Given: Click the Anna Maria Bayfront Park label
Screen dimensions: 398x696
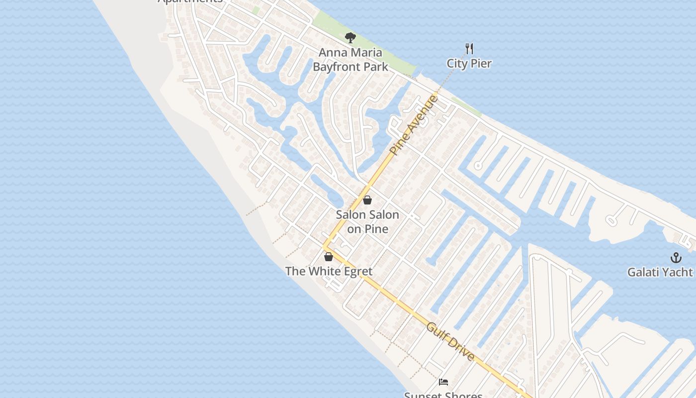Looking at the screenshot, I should point(350,59).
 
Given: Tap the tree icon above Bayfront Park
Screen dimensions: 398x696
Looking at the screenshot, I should point(350,37).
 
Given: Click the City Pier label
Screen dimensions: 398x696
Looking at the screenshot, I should point(469,64).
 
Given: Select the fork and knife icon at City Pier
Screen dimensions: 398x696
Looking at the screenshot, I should point(469,48).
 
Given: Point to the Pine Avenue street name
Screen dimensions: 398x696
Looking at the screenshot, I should point(414,125).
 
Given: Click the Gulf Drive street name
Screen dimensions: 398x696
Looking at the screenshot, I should point(450,341).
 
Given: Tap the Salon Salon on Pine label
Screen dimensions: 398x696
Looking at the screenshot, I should point(367,221).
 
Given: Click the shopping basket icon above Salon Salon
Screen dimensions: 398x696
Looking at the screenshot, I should point(367,200).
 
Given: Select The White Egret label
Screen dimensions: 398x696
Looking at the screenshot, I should point(329,271).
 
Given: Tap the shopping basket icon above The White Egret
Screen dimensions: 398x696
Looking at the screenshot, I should point(328,257).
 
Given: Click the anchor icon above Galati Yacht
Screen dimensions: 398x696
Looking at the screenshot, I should point(675,258).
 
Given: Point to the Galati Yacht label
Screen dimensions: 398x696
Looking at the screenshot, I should point(660,272).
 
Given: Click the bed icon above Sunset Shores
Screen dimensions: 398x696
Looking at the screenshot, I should point(443,382).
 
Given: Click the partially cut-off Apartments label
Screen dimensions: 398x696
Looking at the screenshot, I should point(190,1).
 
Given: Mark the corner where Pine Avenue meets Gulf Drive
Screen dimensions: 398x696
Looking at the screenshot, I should point(324,246).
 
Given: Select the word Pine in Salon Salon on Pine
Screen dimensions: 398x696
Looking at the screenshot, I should point(376,229).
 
